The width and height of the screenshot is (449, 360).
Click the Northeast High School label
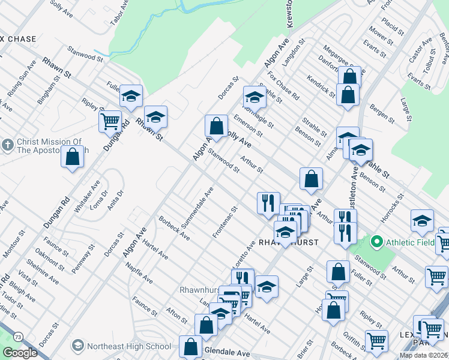pyautogui.click(x=128, y=346)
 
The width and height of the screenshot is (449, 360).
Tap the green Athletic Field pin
pyautogui.click(x=377, y=242)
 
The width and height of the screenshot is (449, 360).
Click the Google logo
pyautogui.click(x=20, y=353)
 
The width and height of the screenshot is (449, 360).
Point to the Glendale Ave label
pyautogui.click(x=227, y=352)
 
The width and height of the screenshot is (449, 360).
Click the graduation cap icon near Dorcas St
pyautogui.click(x=255, y=96)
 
